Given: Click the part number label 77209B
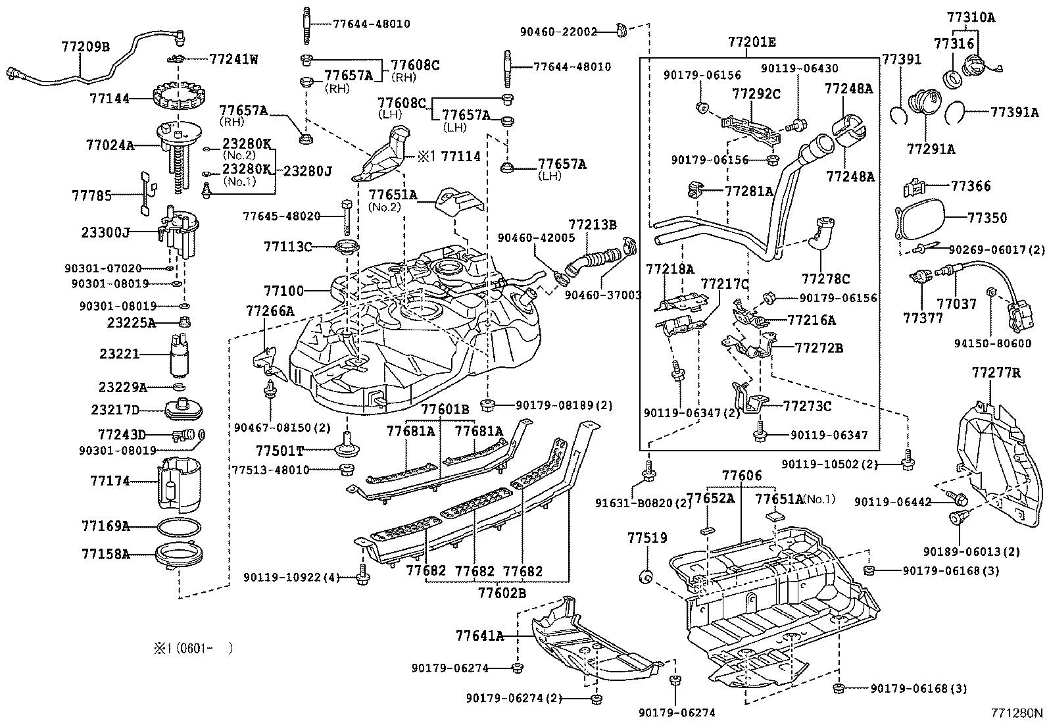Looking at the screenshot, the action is pyautogui.click(x=85, y=47).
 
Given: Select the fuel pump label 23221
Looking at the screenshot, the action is pyautogui.click(x=119, y=354).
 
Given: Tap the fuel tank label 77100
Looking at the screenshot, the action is pyautogui.click(x=283, y=291).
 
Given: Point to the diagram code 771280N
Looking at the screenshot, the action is pyautogui.click(x=1017, y=712).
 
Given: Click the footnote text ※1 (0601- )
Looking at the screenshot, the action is pyautogui.click(x=193, y=648).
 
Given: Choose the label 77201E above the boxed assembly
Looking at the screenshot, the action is pyautogui.click(x=752, y=42).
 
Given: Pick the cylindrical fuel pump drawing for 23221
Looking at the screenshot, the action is pyautogui.click(x=180, y=355).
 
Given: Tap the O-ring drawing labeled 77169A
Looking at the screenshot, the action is pyautogui.click(x=180, y=526).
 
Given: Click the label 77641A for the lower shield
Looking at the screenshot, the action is pyautogui.click(x=480, y=636).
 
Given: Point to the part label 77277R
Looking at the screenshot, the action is pyautogui.click(x=996, y=373).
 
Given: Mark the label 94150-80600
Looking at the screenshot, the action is pyautogui.click(x=993, y=343).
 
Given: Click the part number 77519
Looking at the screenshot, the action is pyautogui.click(x=647, y=538).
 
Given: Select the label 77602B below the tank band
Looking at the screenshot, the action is pyautogui.click(x=502, y=593).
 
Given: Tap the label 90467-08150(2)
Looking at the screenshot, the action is pyautogui.click(x=282, y=428).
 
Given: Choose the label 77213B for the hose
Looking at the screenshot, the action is pyautogui.click(x=593, y=224).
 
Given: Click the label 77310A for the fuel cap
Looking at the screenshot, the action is pyautogui.click(x=971, y=17).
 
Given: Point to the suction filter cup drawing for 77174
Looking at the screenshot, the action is pyautogui.click(x=178, y=486).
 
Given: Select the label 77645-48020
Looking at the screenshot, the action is pyautogui.click(x=281, y=216).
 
